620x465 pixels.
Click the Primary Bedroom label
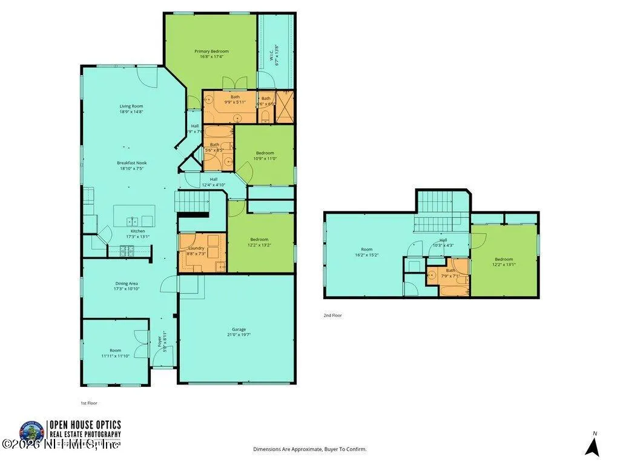pos(211,51)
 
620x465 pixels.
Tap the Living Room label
pos(131,106)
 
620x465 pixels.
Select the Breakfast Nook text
pos(132,163)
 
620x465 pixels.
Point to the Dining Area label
pos(127,283)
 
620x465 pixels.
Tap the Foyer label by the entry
pos(160,341)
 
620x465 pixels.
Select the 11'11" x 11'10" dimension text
pos(115,356)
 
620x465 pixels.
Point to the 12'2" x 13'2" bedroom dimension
pos(259,245)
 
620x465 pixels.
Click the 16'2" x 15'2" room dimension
pos(366,255)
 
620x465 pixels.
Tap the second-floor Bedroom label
pos(503,259)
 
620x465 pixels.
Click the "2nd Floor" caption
pos(332,315)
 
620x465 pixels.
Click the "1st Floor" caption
pos(88,403)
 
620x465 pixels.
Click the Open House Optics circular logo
pos(31,432)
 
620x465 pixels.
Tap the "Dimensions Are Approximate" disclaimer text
pos(309,449)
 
